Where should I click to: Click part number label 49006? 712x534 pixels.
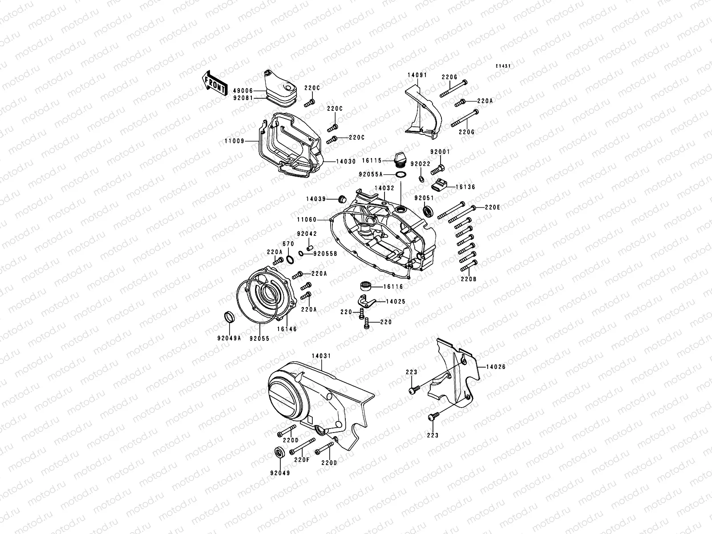[243, 90]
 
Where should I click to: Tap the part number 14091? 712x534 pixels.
[417, 75]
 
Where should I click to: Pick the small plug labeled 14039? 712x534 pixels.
[342, 198]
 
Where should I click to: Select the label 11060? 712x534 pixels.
[318, 219]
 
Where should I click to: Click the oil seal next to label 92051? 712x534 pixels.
[428, 211]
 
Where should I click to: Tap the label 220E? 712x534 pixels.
[492, 207]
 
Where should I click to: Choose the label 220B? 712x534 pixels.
[469, 279]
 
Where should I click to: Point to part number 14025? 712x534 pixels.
[395, 302]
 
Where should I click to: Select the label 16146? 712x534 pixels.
[287, 329]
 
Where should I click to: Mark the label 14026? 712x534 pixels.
[495, 367]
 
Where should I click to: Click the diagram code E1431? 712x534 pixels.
[504, 66]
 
